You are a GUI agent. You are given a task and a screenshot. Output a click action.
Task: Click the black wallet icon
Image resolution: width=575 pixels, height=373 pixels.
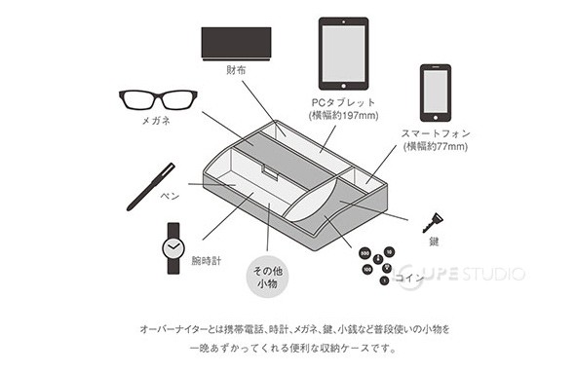pyautogui.click(x=236, y=43)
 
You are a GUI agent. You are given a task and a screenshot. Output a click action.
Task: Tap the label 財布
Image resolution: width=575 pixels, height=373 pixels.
pyautogui.click(x=236, y=69)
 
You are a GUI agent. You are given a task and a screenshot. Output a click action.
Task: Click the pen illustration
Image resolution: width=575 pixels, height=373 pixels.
pyautogui.click(x=151, y=187)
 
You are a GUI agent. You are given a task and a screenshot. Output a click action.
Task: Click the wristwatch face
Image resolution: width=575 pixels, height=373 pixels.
pyautogui.click(x=174, y=248)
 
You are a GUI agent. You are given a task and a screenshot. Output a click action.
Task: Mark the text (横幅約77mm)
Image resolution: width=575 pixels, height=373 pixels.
pyautogui.click(x=435, y=147)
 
